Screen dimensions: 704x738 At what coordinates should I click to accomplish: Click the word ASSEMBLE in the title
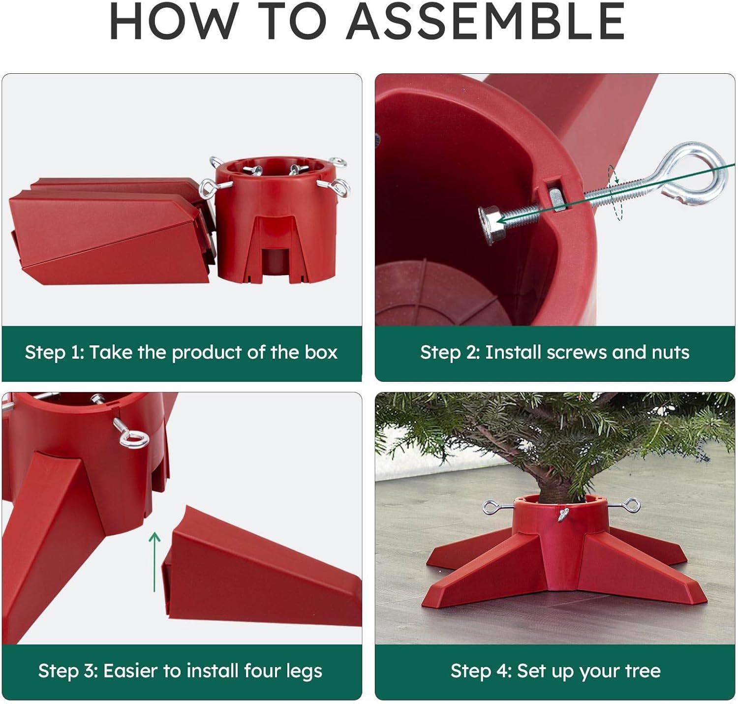click(x=486, y=22)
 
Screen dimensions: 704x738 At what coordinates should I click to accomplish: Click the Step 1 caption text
click(x=181, y=352)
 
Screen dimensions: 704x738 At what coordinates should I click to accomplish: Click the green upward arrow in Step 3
click(x=155, y=561)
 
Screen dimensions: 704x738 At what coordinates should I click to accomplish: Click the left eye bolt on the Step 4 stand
click(x=492, y=507)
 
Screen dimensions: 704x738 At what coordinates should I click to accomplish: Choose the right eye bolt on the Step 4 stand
click(x=631, y=505)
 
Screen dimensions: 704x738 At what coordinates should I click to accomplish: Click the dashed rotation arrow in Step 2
click(x=615, y=193)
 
